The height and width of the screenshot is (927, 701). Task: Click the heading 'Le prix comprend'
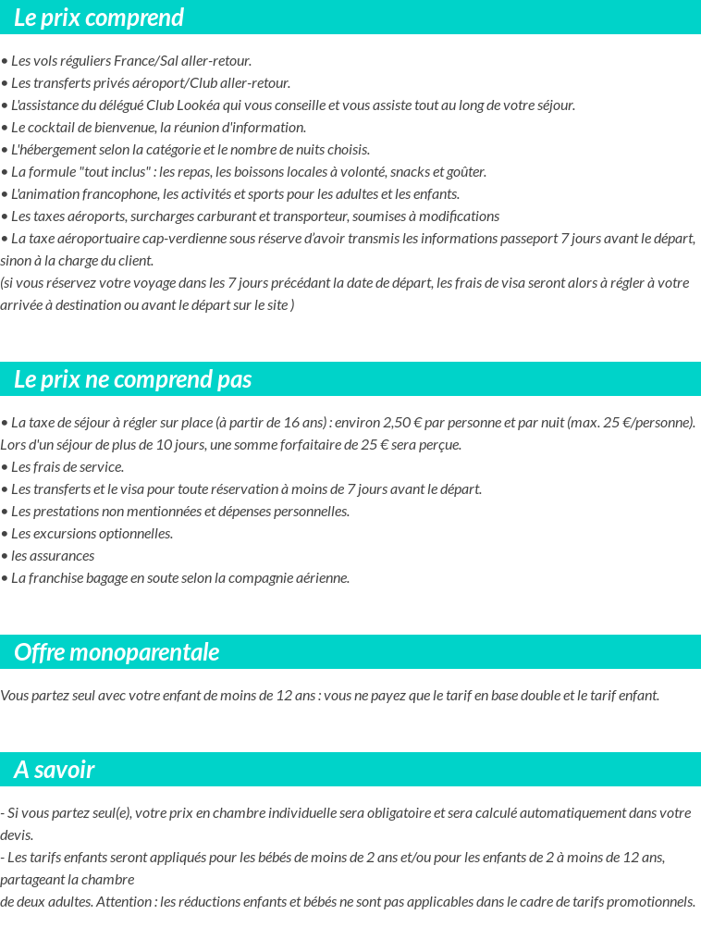[99, 18]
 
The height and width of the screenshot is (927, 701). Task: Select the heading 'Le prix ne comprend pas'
[133, 379]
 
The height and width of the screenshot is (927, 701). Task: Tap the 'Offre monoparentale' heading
[117, 652]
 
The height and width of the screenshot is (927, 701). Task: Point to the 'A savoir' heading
[55, 770]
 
